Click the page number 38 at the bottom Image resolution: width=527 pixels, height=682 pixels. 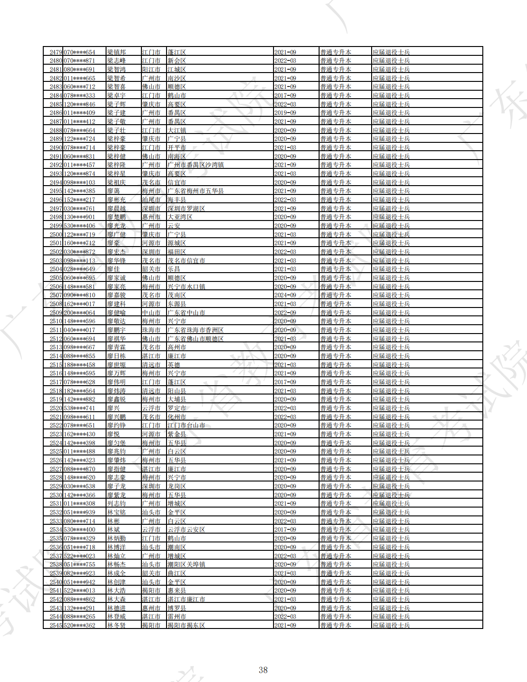click(263, 670)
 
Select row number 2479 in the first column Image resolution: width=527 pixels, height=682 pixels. click(56, 52)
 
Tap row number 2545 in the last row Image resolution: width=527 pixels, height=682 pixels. click(56, 625)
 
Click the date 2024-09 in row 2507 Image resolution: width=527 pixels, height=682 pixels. click(285, 295)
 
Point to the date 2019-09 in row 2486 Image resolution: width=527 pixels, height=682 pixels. click(285, 113)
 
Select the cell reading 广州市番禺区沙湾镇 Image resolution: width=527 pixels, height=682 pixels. click(195, 165)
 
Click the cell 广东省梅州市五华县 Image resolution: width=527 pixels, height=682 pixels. click(195, 191)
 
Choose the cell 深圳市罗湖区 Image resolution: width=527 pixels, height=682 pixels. click(186, 208)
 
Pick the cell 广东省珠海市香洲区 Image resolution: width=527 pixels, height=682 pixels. click(195, 330)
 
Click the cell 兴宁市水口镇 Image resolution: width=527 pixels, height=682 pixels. click(186, 287)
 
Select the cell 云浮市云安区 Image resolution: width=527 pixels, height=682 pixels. click(186, 529)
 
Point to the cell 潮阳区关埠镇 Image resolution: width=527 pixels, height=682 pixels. click(186, 564)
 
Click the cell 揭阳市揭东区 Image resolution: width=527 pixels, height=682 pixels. click(186, 625)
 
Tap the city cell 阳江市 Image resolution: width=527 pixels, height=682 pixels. click(151, 69)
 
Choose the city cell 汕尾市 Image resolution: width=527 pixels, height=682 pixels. click(151, 200)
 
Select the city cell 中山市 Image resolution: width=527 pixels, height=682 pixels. click(151, 313)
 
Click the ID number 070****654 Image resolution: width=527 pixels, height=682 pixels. click(80, 52)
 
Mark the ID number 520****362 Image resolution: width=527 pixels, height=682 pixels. click(80, 625)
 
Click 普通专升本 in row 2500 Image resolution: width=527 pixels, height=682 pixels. click(335, 234)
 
